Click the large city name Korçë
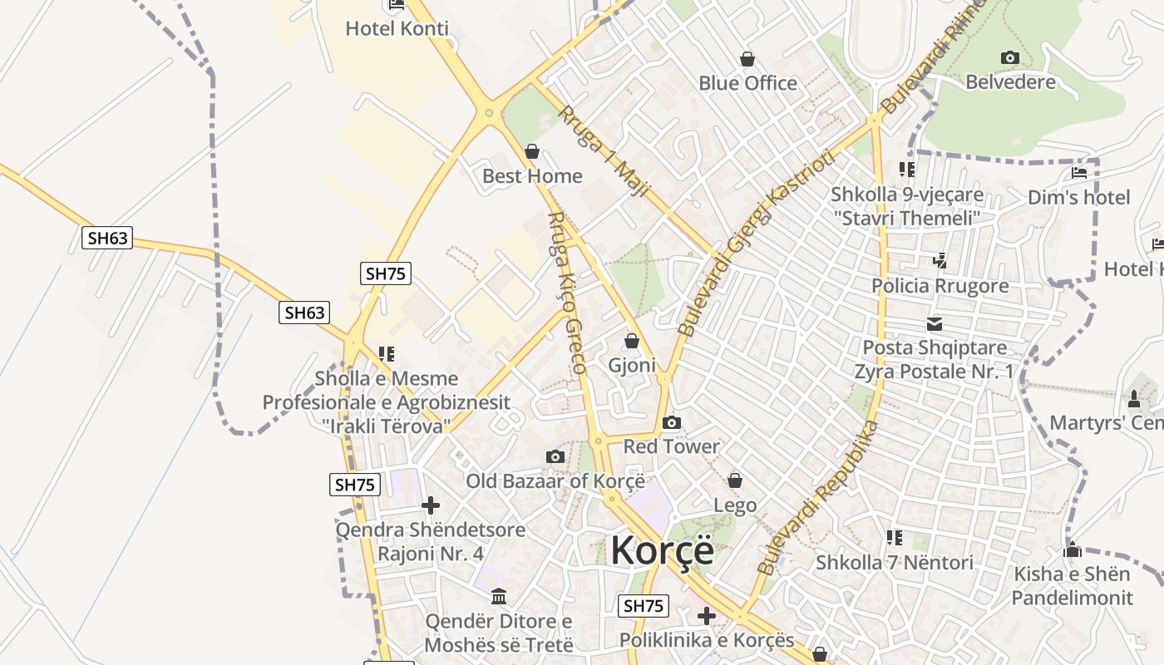[662, 550]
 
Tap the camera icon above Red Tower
[672, 423]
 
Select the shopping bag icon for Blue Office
[747, 59]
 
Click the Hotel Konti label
[397, 28]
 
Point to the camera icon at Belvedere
[1010, 57]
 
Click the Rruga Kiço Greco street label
[567, 291]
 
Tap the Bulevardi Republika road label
[818, 498]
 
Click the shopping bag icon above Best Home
[532, 152]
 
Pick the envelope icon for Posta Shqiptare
[935, 324]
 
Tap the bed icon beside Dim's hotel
[1079, 173]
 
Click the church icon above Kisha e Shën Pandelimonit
[1072, 549]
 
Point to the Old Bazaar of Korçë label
[555, 480]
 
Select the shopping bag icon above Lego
[735, 480]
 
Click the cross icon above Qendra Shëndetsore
[431, 505]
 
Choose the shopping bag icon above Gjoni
[632, 341]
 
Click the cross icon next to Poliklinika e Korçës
[706, 616]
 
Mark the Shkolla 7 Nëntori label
[894, 563]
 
